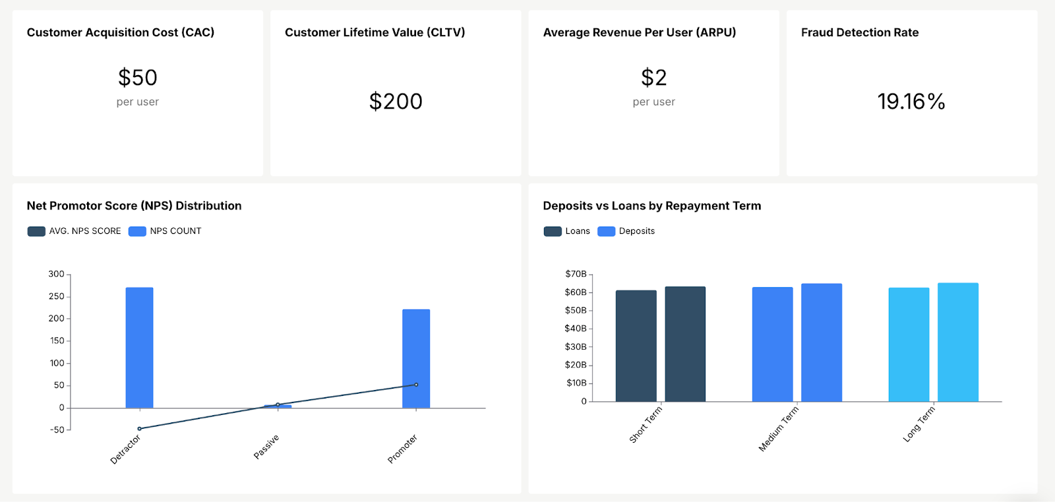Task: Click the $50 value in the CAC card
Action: (138, 78)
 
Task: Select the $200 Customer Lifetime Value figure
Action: (396, 101)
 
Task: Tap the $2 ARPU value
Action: (653, 78)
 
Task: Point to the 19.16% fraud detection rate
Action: (911, 101)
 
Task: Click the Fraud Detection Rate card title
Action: (860, 32)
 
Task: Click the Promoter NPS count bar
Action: (416, 358)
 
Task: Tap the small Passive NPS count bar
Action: (278, 406)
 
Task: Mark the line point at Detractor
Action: (139, 429)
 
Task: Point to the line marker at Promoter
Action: (416, 385)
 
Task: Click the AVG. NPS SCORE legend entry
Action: (75, 231)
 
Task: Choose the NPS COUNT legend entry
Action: (166, 231)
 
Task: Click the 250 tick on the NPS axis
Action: (57, 296)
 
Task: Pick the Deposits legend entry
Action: (626, 231)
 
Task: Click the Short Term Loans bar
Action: (636, 346)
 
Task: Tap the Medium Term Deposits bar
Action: (822, 343)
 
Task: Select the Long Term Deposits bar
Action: (958, 343)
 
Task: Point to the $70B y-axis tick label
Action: (576, 274)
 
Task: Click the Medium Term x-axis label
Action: (779, 429)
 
